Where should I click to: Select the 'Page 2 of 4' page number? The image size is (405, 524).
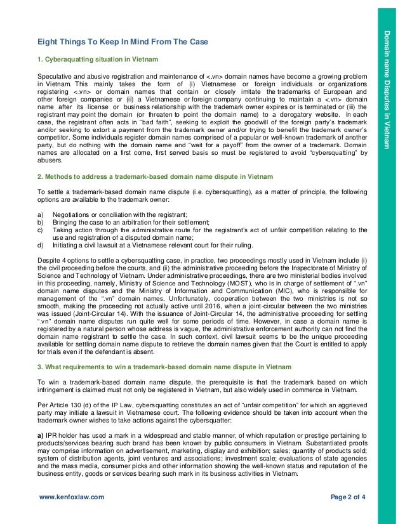tap(349, 499)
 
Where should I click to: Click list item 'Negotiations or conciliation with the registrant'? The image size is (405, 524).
tap(124, 214)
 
